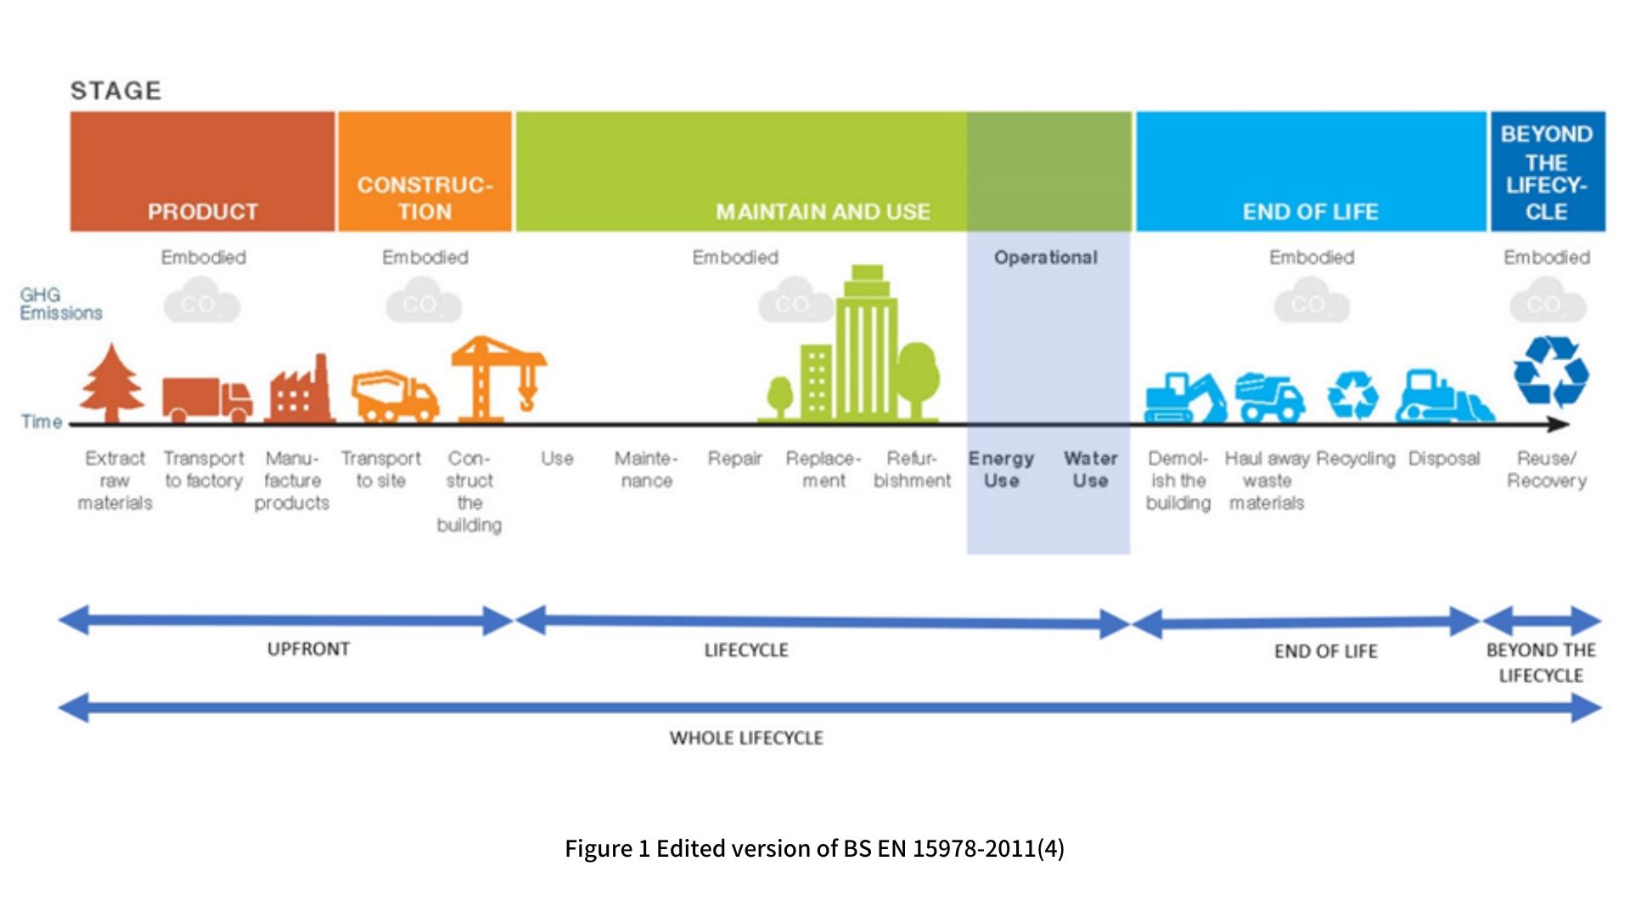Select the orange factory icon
click(299, 391)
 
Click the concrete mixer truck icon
click(394, 396)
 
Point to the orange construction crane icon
click(497, 378)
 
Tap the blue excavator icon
click(1184, 397)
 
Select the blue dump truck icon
click(1270, 397)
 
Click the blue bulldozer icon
click(1443, 397)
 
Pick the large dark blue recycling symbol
click(1550, 371)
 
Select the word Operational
click(1046, 257)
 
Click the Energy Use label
click(1002, 470)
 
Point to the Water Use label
click(1090, 470)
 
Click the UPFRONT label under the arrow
click(308, 650)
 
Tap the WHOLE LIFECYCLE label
click(746, 738)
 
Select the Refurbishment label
click(912, 470)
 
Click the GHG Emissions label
click(60, 304)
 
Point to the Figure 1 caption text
click(814, 848)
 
